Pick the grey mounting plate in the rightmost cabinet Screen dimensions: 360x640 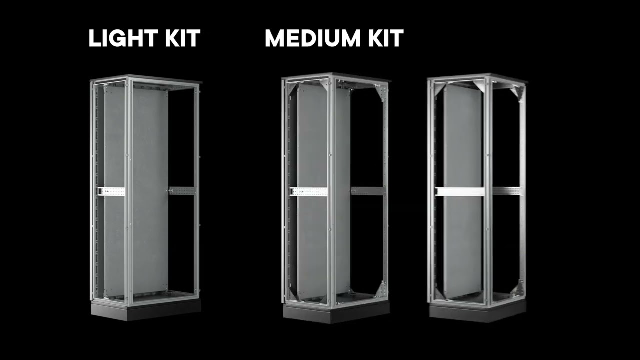[462, 150]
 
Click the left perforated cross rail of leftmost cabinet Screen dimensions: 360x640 [111, 191]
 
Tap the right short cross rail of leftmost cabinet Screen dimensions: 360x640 [182, 190]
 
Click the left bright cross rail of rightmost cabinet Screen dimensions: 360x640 [459, 191]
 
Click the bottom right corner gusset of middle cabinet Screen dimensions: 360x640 [380, 290]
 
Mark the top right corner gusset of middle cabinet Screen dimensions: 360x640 [380, 93]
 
